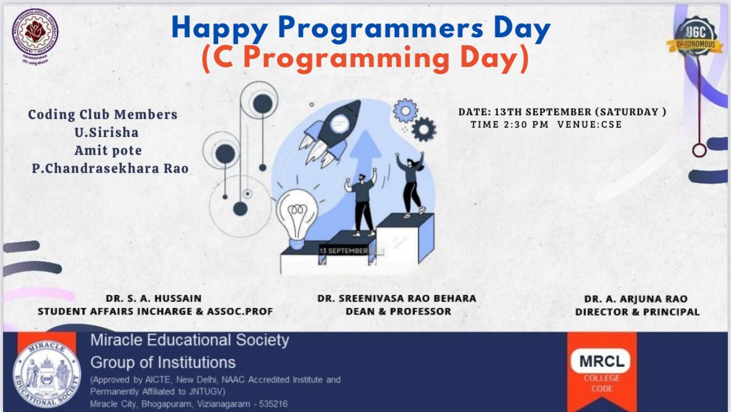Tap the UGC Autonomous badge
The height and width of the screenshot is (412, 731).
click(694, 38)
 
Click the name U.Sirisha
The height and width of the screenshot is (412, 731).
click(102, 133)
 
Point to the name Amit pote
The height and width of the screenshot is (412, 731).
click(108, 151)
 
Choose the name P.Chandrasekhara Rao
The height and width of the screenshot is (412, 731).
click(110, 169)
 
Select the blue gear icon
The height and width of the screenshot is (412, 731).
click(405, 110)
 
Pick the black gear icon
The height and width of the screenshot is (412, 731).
click(424, 129)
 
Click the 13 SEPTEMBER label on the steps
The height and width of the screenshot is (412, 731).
click(343, 250)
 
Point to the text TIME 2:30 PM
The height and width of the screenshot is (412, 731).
click(509, 125)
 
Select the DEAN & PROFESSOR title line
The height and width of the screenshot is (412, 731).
click(398, 311)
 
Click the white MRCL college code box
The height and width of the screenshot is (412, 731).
click(601, 361)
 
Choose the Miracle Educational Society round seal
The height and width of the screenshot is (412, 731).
click(47, 374)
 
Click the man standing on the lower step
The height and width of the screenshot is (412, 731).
click(362, 201)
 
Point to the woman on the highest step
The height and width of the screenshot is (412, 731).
click(411, 183)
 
